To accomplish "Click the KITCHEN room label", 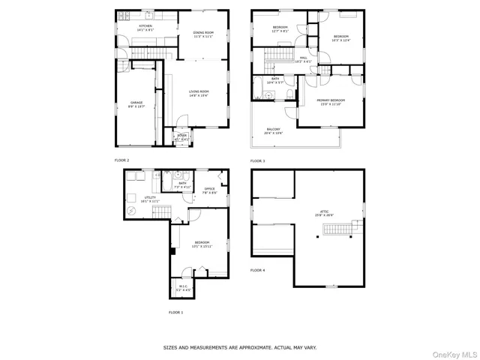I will pyautogui.click(x=145, y=28).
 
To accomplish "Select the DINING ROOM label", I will pyautogui.click(x=203, y=34).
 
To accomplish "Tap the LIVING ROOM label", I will pyautogui.click(x=199, y=94).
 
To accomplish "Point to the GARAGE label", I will pyautogui.click(x=136, y=104).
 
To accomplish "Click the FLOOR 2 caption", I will pyautogui.click(x=121, y=160).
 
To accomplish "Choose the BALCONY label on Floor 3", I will pyautogui.click(x=274, y=131).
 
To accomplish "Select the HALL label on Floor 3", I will pyautogui.click(x=304, y=59).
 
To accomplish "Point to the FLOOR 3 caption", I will pyautogui.click(x=257, y=160).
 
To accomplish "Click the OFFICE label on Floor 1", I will pyautogui.click(x=210, y=190).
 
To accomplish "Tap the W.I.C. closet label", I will pyautogui.click(x=184, y=288).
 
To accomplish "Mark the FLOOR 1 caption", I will pyautogui.click(x=175, y=312).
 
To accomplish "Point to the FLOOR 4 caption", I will pyautogui.click(x=257, y=270).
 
